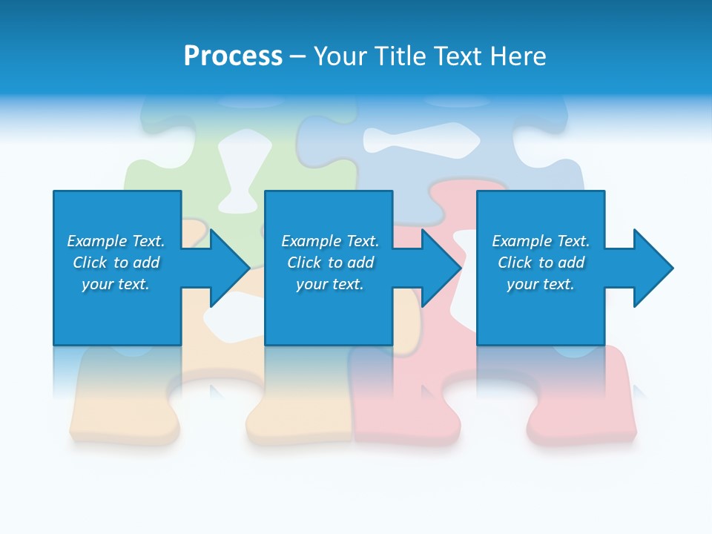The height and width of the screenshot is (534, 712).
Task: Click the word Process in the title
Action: [233, 56]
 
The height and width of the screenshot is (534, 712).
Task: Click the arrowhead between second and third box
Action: [441, 268]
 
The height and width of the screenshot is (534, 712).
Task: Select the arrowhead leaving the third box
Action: [653, 268]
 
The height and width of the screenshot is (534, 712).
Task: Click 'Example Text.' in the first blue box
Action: [116, 241]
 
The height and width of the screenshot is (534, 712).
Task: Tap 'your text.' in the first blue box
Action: [116, 284]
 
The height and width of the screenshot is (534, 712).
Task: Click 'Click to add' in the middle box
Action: [330, 263]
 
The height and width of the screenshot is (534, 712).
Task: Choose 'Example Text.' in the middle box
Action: [330, 241]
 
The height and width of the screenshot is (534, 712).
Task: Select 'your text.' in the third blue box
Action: [541, 284]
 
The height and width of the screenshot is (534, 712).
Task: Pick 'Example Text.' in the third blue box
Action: [541, 241]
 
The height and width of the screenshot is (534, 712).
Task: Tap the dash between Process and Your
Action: [298, 56]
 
